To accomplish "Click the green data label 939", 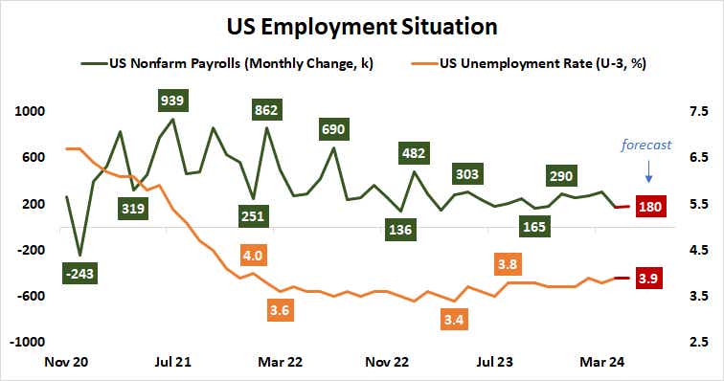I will tap(172, 101).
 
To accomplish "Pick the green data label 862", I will tap(266, 110).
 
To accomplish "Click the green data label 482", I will tap(415, 152).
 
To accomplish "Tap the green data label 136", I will tap(400, 229).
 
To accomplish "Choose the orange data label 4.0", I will tap(253, 257).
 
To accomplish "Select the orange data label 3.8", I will tap(508, 262).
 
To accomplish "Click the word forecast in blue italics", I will tap(646, 146).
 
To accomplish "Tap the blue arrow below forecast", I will tap(649, 173).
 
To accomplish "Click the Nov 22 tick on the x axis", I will tap(388, 363).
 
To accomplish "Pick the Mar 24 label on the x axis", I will tap(605, 363).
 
